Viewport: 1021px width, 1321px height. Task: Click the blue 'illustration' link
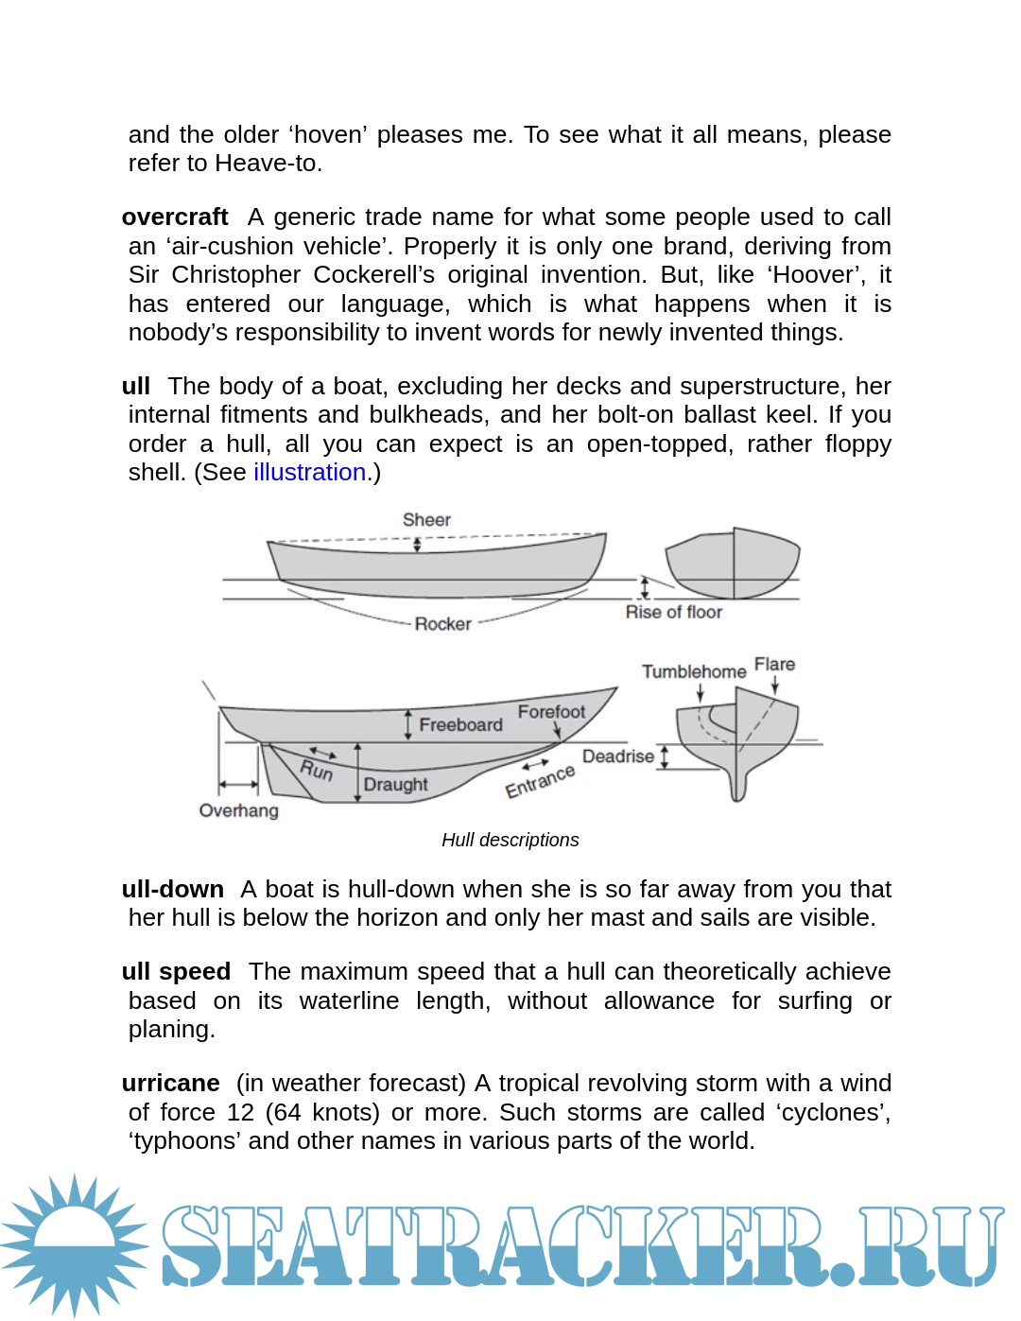coord(309,473)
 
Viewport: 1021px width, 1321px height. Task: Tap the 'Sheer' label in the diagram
coord(426,520)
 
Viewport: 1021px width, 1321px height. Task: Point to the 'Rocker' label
coord(442,624)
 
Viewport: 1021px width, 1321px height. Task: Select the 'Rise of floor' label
coord(673,613)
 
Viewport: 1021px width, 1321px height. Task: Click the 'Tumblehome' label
coord(694,671)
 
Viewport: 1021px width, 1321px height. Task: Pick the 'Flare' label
coord(774,665)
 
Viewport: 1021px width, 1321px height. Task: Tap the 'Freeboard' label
coord(460,725)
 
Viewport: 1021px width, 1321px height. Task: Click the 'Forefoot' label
coord(551,712)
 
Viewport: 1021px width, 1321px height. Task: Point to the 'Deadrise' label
coord(618,756)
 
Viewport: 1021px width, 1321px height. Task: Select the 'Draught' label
coord(395,785)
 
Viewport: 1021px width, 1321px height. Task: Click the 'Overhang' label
coord(238,811)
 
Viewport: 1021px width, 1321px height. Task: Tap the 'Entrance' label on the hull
coord(540,782)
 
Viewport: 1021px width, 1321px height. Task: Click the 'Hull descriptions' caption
coord(510,840)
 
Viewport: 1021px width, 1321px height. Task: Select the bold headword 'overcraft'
coord(175,217)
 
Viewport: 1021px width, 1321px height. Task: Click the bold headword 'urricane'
coord(170,1084)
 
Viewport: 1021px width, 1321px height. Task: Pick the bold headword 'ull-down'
coord(173,890)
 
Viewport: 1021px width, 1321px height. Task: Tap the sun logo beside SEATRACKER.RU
coord(74,1244)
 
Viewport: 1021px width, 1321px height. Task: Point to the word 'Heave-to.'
coord(268,164)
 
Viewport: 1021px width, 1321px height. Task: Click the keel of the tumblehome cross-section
coord(738,785)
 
